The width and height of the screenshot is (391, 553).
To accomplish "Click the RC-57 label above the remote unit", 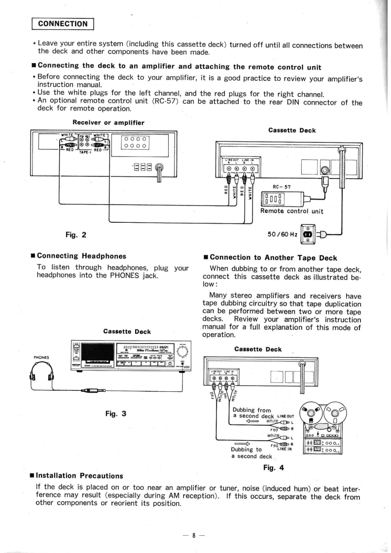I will [x=282, y=187].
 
